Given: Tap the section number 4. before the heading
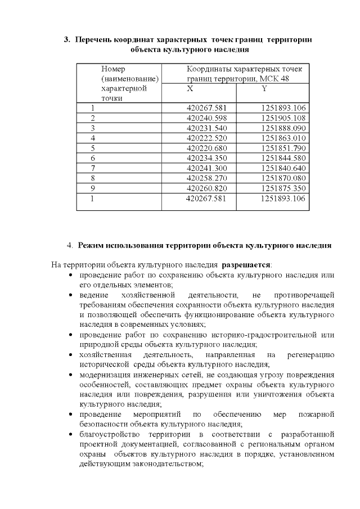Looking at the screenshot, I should pos(70,245).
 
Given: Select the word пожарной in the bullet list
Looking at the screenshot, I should pos(318,415).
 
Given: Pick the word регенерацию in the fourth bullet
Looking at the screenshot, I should pos(310,355).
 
